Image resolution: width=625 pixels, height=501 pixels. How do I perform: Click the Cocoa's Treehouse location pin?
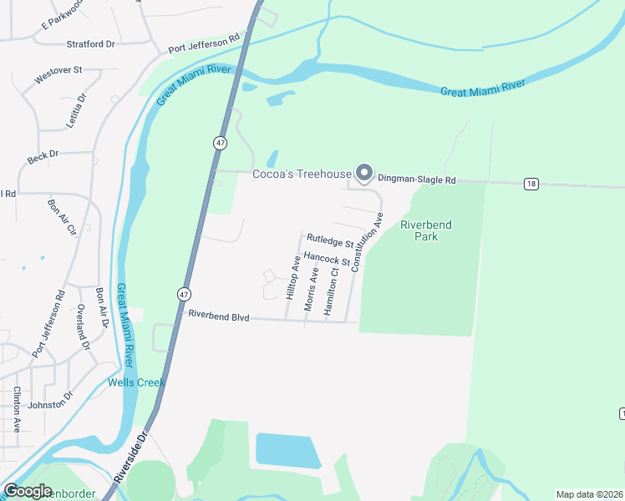[x=364, y=173]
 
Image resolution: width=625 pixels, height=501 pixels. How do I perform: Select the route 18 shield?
[x=531, y=184]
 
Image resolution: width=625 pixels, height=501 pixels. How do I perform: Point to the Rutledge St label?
[x=330, y=241]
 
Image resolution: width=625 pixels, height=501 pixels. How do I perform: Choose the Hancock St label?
[x=326, y=261]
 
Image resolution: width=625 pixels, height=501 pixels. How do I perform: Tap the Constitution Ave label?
[x=367, y=242]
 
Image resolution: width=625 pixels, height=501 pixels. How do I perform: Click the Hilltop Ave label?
[x=293, y=277]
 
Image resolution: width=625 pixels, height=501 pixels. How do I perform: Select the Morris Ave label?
[x=312, y=290]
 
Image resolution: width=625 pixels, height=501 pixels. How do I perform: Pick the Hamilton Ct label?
[x=331, y=290]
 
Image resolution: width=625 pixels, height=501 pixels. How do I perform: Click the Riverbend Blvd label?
[x=220, y=315]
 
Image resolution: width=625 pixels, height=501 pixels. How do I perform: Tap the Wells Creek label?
[x=136, y=382]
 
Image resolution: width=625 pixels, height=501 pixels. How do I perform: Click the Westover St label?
[x=58, y=75]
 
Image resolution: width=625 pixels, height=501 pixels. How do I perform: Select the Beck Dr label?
[x=43, y=154]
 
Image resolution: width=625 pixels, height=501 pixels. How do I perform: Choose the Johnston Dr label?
[x=50, y=404]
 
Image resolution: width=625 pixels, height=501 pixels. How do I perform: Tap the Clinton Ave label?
[x=17, y=410]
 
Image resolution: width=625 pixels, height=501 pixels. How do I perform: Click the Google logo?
[x=28, y=490]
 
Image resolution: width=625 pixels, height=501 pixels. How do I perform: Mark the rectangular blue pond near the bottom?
[x=287, y=451]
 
